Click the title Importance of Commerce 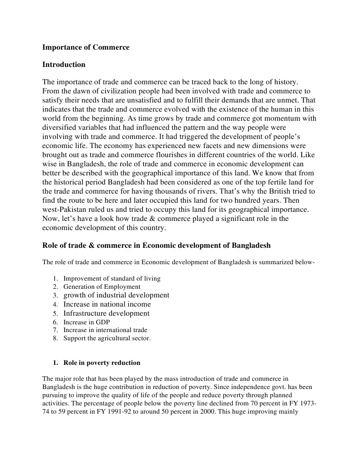(86, 47)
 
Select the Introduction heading (64, 65)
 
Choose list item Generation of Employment (102, 287)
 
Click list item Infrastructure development (106, 313)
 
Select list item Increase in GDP (86, 322)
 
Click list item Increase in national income (107, 304)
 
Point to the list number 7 (55, 330)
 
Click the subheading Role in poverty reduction (101, 363)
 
